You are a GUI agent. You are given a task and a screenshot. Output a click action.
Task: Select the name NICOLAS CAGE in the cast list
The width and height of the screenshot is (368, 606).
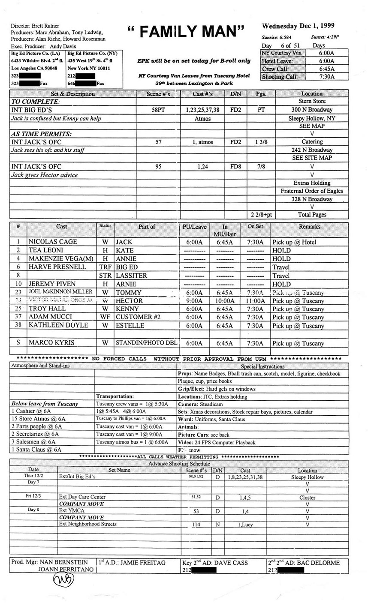click(53, 242)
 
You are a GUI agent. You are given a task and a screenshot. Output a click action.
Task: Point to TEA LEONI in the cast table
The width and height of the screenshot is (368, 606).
click(46, 250)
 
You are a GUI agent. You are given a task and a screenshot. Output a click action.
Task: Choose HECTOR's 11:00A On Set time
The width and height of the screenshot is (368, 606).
click(255, 301)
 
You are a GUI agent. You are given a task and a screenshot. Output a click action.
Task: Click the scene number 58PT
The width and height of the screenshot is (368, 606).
click(158, 110)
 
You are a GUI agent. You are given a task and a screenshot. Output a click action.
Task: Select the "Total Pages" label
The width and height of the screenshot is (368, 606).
click(312, 214)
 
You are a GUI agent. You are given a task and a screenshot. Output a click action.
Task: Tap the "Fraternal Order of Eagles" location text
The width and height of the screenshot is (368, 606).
click(312, 191)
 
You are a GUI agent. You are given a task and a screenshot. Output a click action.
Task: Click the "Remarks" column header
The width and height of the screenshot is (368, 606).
click(309, 227)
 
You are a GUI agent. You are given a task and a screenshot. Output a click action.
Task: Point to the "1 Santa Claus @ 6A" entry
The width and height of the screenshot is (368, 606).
click(36, 450)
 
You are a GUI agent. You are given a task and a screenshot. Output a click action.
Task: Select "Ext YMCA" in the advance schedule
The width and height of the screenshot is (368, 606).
click(72, 511)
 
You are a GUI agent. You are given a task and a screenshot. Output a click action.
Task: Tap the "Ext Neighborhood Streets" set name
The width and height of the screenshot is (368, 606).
click(87, 524)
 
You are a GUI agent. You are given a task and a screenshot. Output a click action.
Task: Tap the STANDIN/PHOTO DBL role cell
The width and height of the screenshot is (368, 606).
click(145, 343)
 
